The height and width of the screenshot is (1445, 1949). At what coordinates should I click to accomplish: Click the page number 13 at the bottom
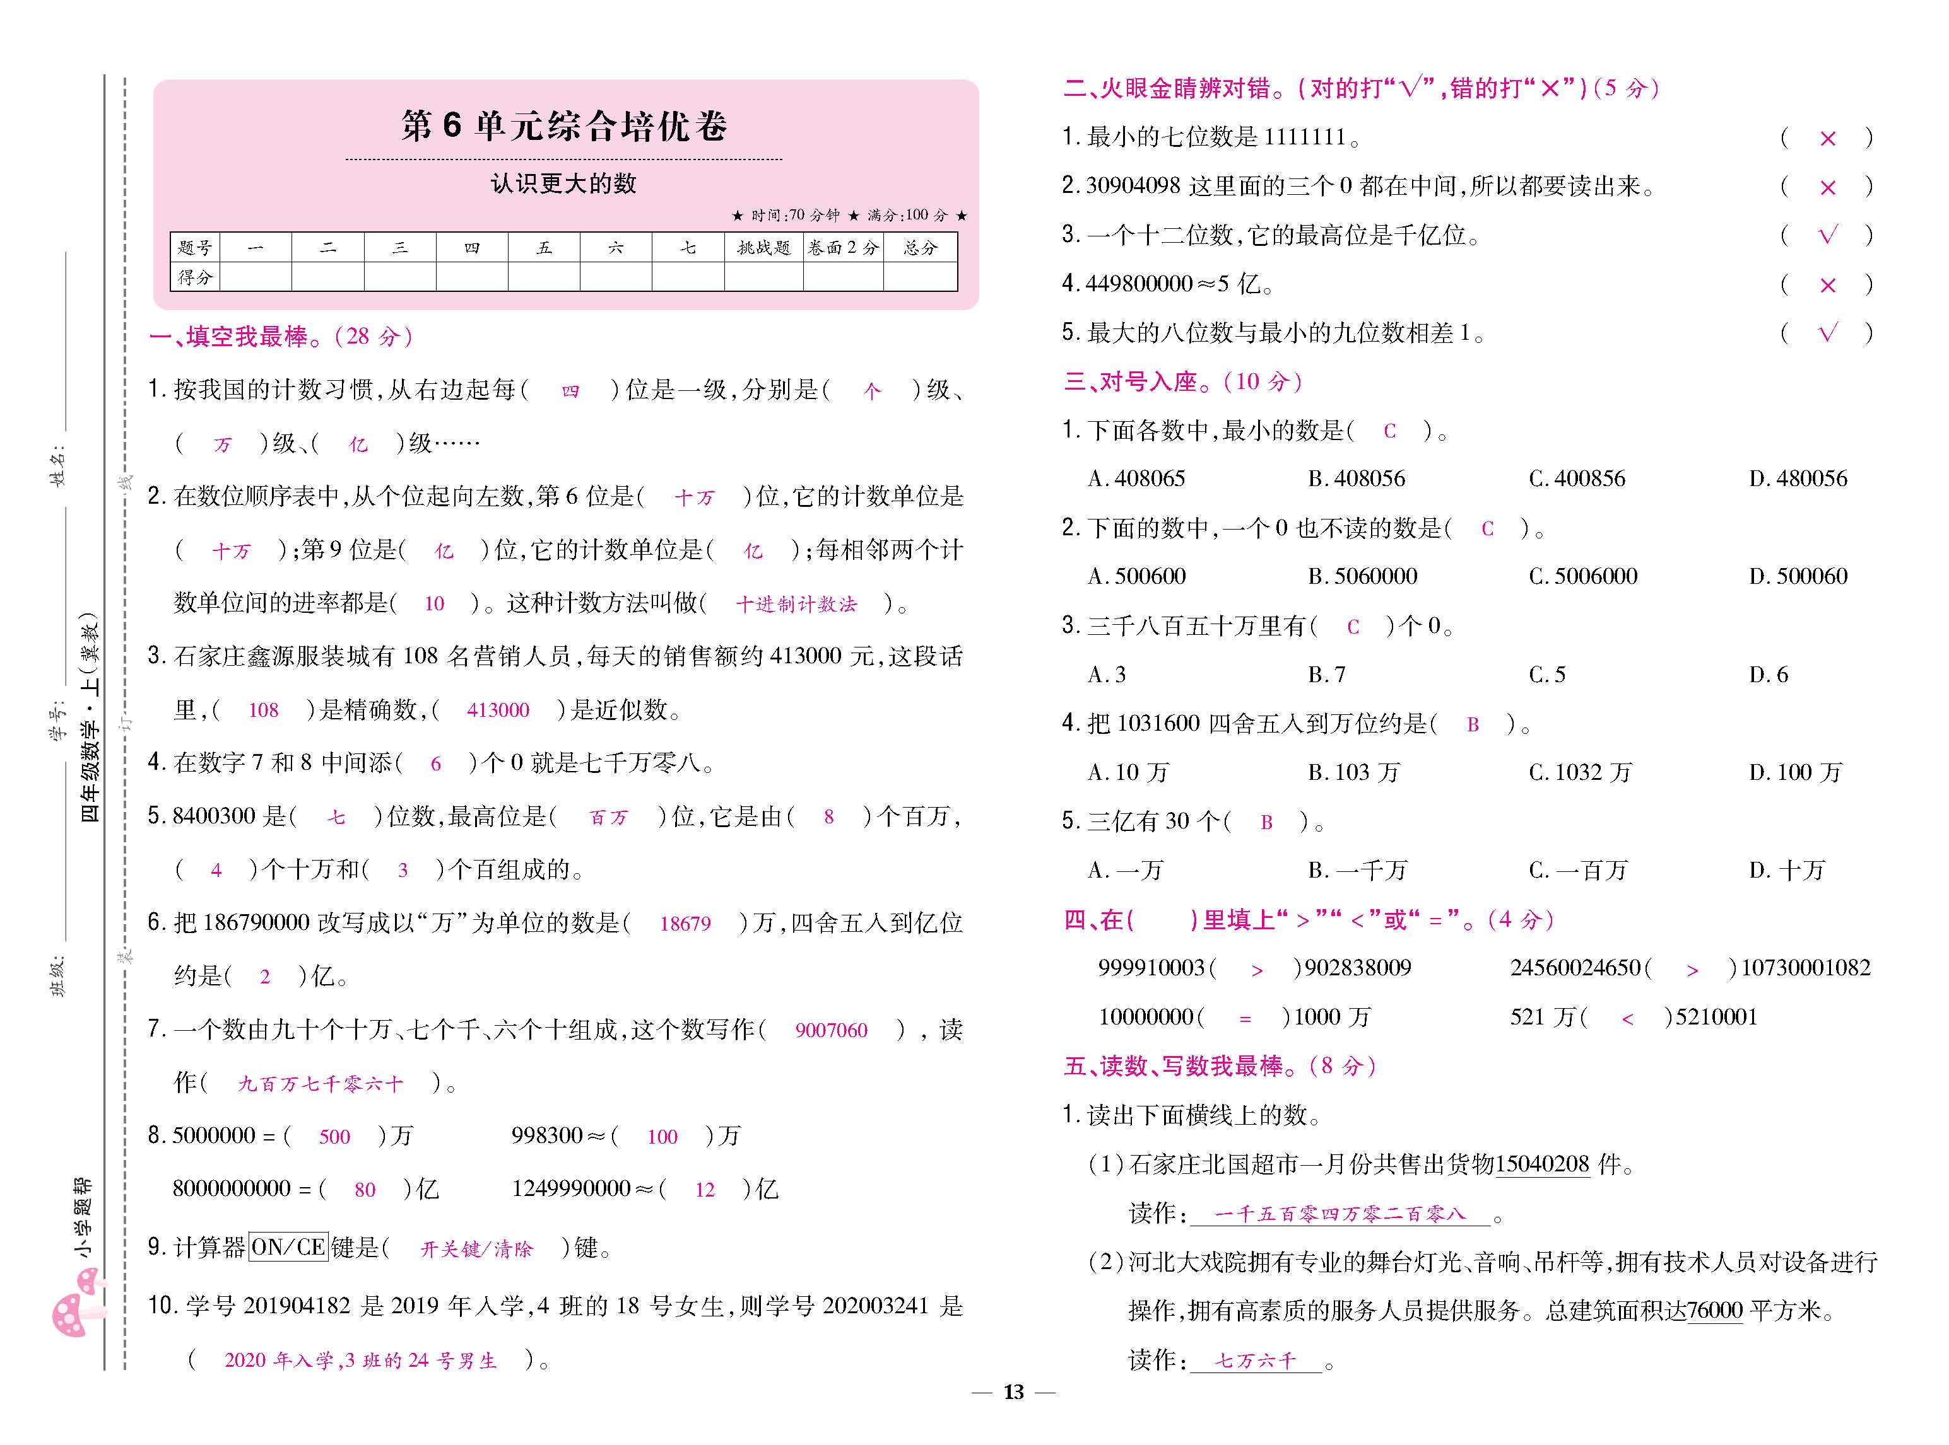pos(1013,1391)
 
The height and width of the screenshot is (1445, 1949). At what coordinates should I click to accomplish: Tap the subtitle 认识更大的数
pos(563,183)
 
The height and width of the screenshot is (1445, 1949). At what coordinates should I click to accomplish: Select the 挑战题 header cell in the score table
pos(763,248)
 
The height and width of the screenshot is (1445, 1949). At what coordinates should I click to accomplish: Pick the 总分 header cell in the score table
pos(920,248)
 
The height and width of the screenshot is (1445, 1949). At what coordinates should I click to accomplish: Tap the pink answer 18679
pos(685,924)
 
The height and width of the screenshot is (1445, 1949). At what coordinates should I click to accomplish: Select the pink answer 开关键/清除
pos(476,1249)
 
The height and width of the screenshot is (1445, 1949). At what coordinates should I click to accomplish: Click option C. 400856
pos(1576,479)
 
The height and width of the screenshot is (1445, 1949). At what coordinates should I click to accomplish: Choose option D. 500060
pos(1798,576)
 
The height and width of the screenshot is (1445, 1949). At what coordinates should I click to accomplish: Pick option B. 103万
pos(1354,772)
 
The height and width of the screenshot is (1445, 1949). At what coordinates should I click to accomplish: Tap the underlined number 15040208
pos(1542,1164)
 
